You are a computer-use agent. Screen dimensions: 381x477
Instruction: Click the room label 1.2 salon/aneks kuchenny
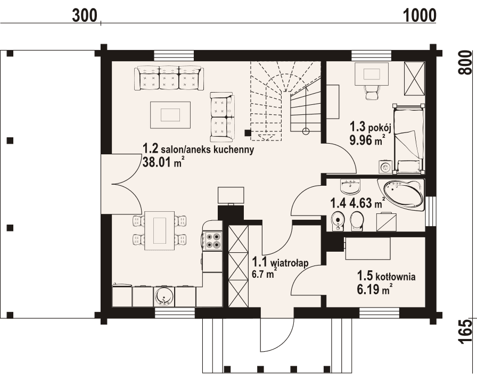(x=198, y=150)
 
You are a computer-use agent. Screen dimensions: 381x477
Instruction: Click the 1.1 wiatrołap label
(x=281, y=262)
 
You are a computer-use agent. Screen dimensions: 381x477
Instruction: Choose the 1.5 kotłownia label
(x=386, y=276)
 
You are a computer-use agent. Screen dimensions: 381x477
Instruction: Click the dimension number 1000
(x=420, y=15)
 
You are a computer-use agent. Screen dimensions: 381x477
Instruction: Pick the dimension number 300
(x=86, y=15)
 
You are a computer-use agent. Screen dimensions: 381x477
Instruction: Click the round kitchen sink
(x=163, y=296)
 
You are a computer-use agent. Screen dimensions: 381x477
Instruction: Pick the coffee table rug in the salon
(x=170, y=114)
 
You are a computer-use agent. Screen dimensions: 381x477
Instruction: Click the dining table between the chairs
(x=160, y=230)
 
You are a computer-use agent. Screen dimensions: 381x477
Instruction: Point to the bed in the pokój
(x=409, y=138)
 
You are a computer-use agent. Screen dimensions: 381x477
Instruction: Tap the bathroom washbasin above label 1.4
(x=350, y=186)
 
